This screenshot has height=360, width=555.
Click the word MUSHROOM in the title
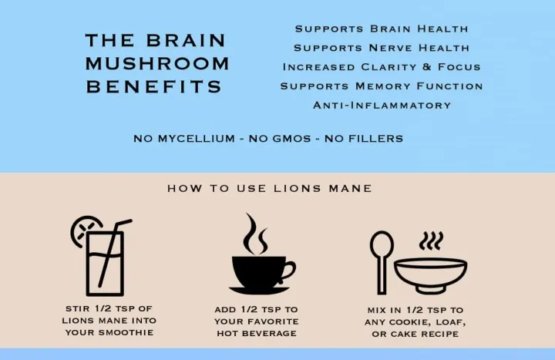[x=156, y=63]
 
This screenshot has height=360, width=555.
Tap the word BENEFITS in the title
[x=153, y=86]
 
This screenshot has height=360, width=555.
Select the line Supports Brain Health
[x=381, y=29]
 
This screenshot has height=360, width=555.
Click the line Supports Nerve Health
[x=381, y=48]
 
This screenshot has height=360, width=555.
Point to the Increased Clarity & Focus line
[x=381, y=67]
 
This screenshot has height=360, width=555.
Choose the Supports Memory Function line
[x=381, y=86]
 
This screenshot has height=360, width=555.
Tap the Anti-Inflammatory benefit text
[x=381, y=106]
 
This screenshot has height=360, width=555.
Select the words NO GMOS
[x=267, y=139]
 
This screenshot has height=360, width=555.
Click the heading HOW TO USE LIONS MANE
[x=269, y=188]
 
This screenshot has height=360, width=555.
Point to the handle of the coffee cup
[x=288, y=270]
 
